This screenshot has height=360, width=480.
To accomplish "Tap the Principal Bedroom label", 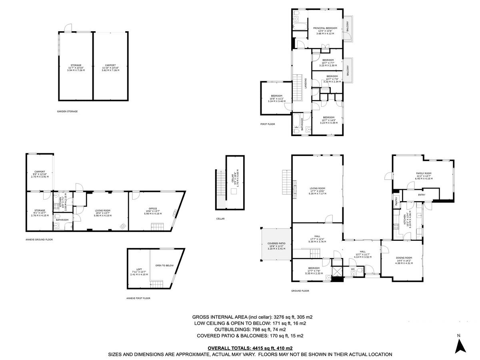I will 325,28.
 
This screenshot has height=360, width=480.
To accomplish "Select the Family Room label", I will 424,173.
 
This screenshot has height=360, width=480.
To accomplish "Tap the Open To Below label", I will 164,265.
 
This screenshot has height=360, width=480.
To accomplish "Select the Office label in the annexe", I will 152,209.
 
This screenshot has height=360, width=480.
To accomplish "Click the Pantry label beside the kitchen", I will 396,200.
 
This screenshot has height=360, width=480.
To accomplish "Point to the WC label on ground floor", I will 353,269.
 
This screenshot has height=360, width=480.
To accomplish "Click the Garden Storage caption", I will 67,111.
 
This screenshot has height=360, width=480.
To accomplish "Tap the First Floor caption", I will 268,124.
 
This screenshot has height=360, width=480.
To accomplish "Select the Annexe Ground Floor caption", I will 39,240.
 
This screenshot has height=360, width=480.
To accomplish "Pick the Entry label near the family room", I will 422,195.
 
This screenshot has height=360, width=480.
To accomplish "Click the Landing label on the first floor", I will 306,84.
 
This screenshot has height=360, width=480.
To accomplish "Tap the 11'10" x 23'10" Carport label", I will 110,65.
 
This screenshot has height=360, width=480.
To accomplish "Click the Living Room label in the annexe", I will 102,210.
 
